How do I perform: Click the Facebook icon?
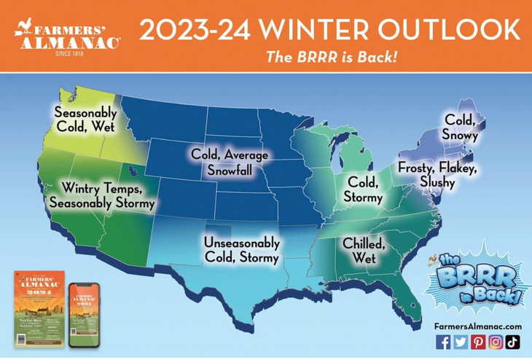pyautogui.click(x=442, y=342)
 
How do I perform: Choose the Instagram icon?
pyautogui.click(x=495, y=342)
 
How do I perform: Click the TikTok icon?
pyautogui.click(x=512, y=342)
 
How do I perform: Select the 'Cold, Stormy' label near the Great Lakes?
pyautogui.click(x=362, y=188)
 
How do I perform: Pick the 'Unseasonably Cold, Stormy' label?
pyautogui.click(x=240, y=249)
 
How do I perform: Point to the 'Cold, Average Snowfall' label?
pyautogui.click(x=229, y=162)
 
